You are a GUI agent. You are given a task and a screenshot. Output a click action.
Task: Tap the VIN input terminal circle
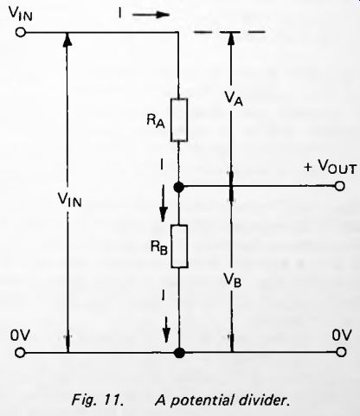(21, 32)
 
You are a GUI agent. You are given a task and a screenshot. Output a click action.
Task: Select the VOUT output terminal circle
(340, 186)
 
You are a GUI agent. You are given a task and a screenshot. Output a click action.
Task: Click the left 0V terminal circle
(20, 353)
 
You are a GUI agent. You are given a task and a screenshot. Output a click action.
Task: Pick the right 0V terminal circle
(341, 352)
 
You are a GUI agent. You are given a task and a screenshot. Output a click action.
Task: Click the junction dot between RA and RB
(179, 187)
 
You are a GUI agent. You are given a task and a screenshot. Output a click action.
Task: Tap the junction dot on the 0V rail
(180, 353)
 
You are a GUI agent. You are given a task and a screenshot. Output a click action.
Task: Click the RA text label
(156, 120)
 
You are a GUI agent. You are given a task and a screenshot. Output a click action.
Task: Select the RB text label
(159, 247)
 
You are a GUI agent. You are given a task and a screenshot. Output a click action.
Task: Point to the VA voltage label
(234, 98)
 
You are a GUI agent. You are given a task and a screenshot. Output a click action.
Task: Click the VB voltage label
(233, 280)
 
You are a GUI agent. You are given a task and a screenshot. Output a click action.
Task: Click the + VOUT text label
(331, 166)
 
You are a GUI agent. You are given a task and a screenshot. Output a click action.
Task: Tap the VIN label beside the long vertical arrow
(69, 199)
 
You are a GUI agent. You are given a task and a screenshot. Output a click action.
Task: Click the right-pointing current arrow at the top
(151, 15)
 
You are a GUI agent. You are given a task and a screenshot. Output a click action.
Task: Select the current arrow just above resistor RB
(164, 203)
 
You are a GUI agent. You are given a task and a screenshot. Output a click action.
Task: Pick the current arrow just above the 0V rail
(166, 330)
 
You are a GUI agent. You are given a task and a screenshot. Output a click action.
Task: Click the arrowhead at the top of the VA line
(230, 38)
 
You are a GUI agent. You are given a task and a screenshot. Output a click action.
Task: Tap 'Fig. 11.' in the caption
(98, 400)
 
